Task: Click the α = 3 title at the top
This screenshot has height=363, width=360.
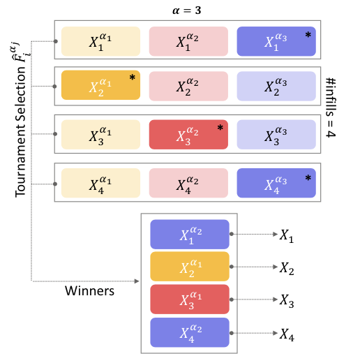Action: pos(186,10)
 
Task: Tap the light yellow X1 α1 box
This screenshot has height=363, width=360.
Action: pos(100,41)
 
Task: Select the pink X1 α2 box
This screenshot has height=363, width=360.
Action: pos(188,41)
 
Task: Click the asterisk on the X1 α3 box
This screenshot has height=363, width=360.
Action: pos(308,35)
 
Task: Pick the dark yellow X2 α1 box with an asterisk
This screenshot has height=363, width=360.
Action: pos(100,85)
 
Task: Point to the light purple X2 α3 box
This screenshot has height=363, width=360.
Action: pos(276,86)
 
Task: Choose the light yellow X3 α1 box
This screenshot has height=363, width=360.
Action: pos(100,135)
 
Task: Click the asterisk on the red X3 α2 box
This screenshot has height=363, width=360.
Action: pos(220,128)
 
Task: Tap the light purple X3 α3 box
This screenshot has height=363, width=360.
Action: pos(276,135)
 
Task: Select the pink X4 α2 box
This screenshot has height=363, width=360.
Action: pos(188,183)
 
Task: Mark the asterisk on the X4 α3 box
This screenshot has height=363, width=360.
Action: pos(308,178)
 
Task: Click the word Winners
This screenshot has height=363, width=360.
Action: pos(89,291)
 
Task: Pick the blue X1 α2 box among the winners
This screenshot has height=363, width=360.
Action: pos(190,235)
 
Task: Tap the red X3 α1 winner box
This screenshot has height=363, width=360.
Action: pos(190,299)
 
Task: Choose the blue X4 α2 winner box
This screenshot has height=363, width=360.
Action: pos(190,332)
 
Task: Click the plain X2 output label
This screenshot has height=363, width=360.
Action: pos(287,268)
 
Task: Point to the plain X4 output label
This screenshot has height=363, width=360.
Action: pos(287,335)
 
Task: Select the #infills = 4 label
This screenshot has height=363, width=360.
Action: pos(331,108)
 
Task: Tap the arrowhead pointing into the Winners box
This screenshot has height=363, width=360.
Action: pos(137,281)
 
